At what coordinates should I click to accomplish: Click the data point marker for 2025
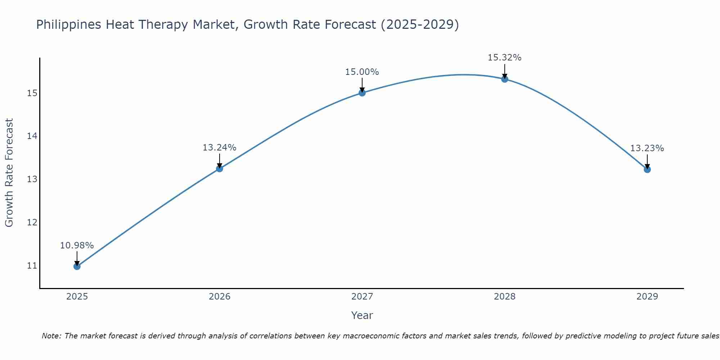click(77, 266)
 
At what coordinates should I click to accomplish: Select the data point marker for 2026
click(220, 168)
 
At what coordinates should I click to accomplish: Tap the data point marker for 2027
click(362, 93)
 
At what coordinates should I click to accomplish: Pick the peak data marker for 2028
click(505, 79)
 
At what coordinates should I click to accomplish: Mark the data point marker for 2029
click(647, 169)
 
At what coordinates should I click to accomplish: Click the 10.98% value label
click(77, 246)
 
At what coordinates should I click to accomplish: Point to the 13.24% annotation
click(219, 148)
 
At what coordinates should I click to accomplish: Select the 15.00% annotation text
click(362, 72)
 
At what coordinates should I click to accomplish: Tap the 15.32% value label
click(504, 58)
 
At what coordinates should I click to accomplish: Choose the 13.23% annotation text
click(647, 148)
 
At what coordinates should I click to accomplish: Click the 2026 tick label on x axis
click(220, 297)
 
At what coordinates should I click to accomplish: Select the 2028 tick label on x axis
click(505, 297)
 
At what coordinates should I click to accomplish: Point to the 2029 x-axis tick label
click(647, 297)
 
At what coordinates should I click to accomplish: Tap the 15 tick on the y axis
click(32, 93)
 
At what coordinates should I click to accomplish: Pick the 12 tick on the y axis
click(32, 222)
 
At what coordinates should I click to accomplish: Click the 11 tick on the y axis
click(32, 266)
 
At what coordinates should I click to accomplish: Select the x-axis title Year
click(362, 315)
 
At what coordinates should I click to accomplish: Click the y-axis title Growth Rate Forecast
click(9, 173)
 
